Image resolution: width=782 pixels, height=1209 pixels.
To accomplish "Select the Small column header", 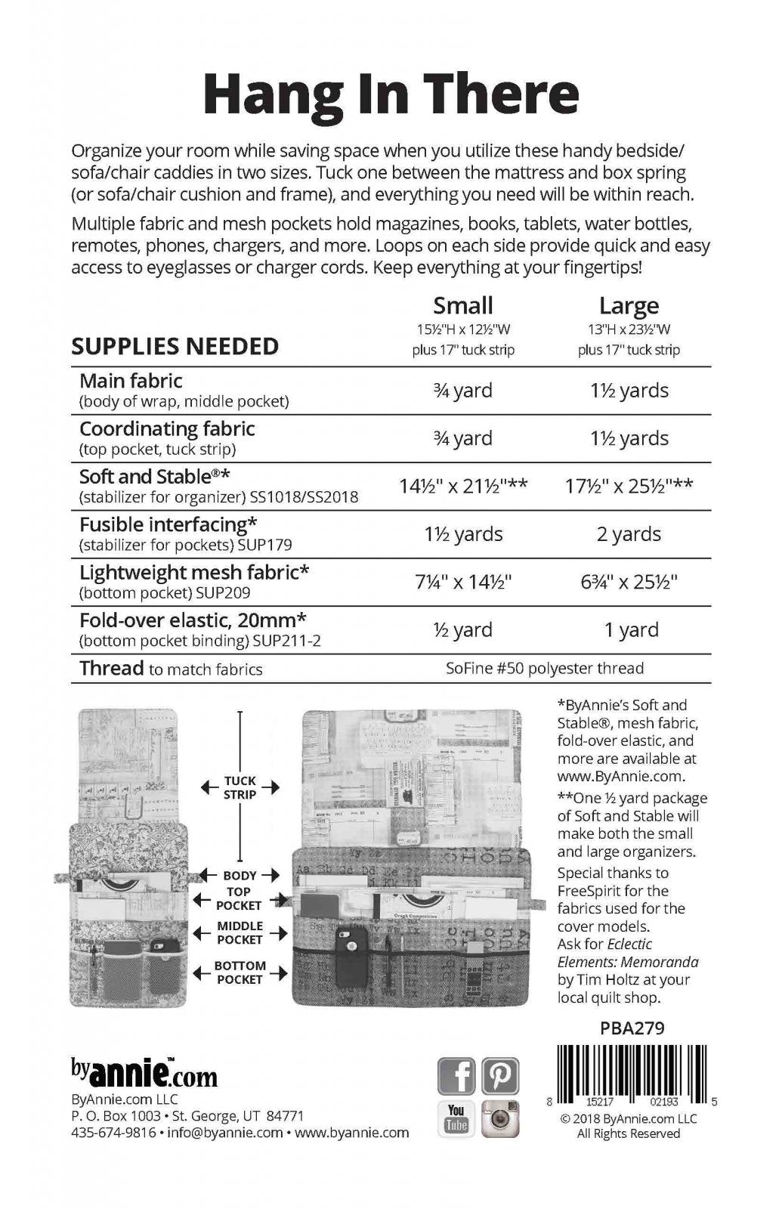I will [x=462, y=305].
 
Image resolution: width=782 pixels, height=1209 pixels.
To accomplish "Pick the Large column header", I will [x=629, y=306].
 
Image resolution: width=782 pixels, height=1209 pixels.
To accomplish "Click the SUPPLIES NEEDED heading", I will [x=175, y=346].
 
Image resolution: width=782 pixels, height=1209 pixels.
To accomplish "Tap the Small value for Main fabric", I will [x=462, y=391].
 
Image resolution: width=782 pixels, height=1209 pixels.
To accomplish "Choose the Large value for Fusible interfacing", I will [x=629, y=534].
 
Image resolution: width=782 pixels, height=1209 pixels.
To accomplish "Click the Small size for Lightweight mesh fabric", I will [x=462, y=582].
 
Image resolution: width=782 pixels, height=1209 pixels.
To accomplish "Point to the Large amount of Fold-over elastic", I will [x=629, y=629].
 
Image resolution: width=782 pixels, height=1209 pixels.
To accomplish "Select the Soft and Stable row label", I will [x=154, y=477].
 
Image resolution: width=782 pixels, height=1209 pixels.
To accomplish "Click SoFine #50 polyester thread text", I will [x=544, y=668].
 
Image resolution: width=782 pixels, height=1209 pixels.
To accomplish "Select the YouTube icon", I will [x=456, y=1118].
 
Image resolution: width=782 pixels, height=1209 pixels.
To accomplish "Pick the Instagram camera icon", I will [x=500, y=1118].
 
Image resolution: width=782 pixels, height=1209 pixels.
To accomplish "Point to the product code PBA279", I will [x=632, y=1028].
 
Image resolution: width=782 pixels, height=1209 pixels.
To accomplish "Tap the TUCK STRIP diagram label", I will [x=240, y=787].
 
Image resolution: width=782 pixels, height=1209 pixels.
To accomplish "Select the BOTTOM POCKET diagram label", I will [x=240, y=972].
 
